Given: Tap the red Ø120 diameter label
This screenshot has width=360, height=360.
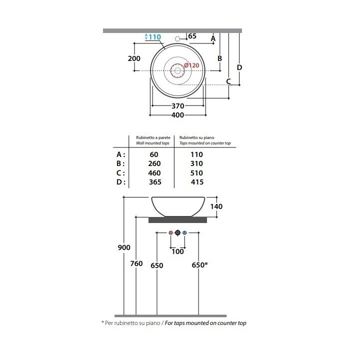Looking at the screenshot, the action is [191, 65].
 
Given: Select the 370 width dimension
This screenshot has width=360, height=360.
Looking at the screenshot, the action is [178, 106].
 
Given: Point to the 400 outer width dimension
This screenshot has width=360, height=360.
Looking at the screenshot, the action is [177, 115].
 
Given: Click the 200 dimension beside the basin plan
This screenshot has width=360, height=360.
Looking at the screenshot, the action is [134, 58].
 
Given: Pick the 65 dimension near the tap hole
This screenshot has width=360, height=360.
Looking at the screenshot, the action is [192, 36].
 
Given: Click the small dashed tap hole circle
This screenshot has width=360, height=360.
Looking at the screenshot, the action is [177, 39].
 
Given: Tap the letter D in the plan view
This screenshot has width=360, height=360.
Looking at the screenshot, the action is [239, 67].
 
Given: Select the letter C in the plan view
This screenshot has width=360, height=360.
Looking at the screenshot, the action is [228, 81].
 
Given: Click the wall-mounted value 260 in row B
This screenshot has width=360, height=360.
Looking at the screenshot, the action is [154, 163].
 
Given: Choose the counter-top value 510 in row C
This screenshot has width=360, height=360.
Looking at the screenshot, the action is [196, 173].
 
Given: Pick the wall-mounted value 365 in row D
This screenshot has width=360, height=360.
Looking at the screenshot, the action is [155, 182].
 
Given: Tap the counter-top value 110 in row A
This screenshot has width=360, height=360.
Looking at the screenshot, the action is [196, 154].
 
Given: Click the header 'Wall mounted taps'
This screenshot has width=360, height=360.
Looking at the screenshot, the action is [152, 143].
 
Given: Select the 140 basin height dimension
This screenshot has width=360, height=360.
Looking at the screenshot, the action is [216, 206].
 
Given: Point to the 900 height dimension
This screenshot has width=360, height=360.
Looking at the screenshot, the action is [124, 247].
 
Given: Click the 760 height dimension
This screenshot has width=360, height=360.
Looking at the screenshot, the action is [136, 263].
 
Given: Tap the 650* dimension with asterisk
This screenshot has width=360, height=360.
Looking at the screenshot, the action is [199, 265].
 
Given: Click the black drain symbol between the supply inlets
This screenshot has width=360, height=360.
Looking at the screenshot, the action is [177, 233].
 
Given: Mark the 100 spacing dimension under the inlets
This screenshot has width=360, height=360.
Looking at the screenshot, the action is [177, 251].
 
